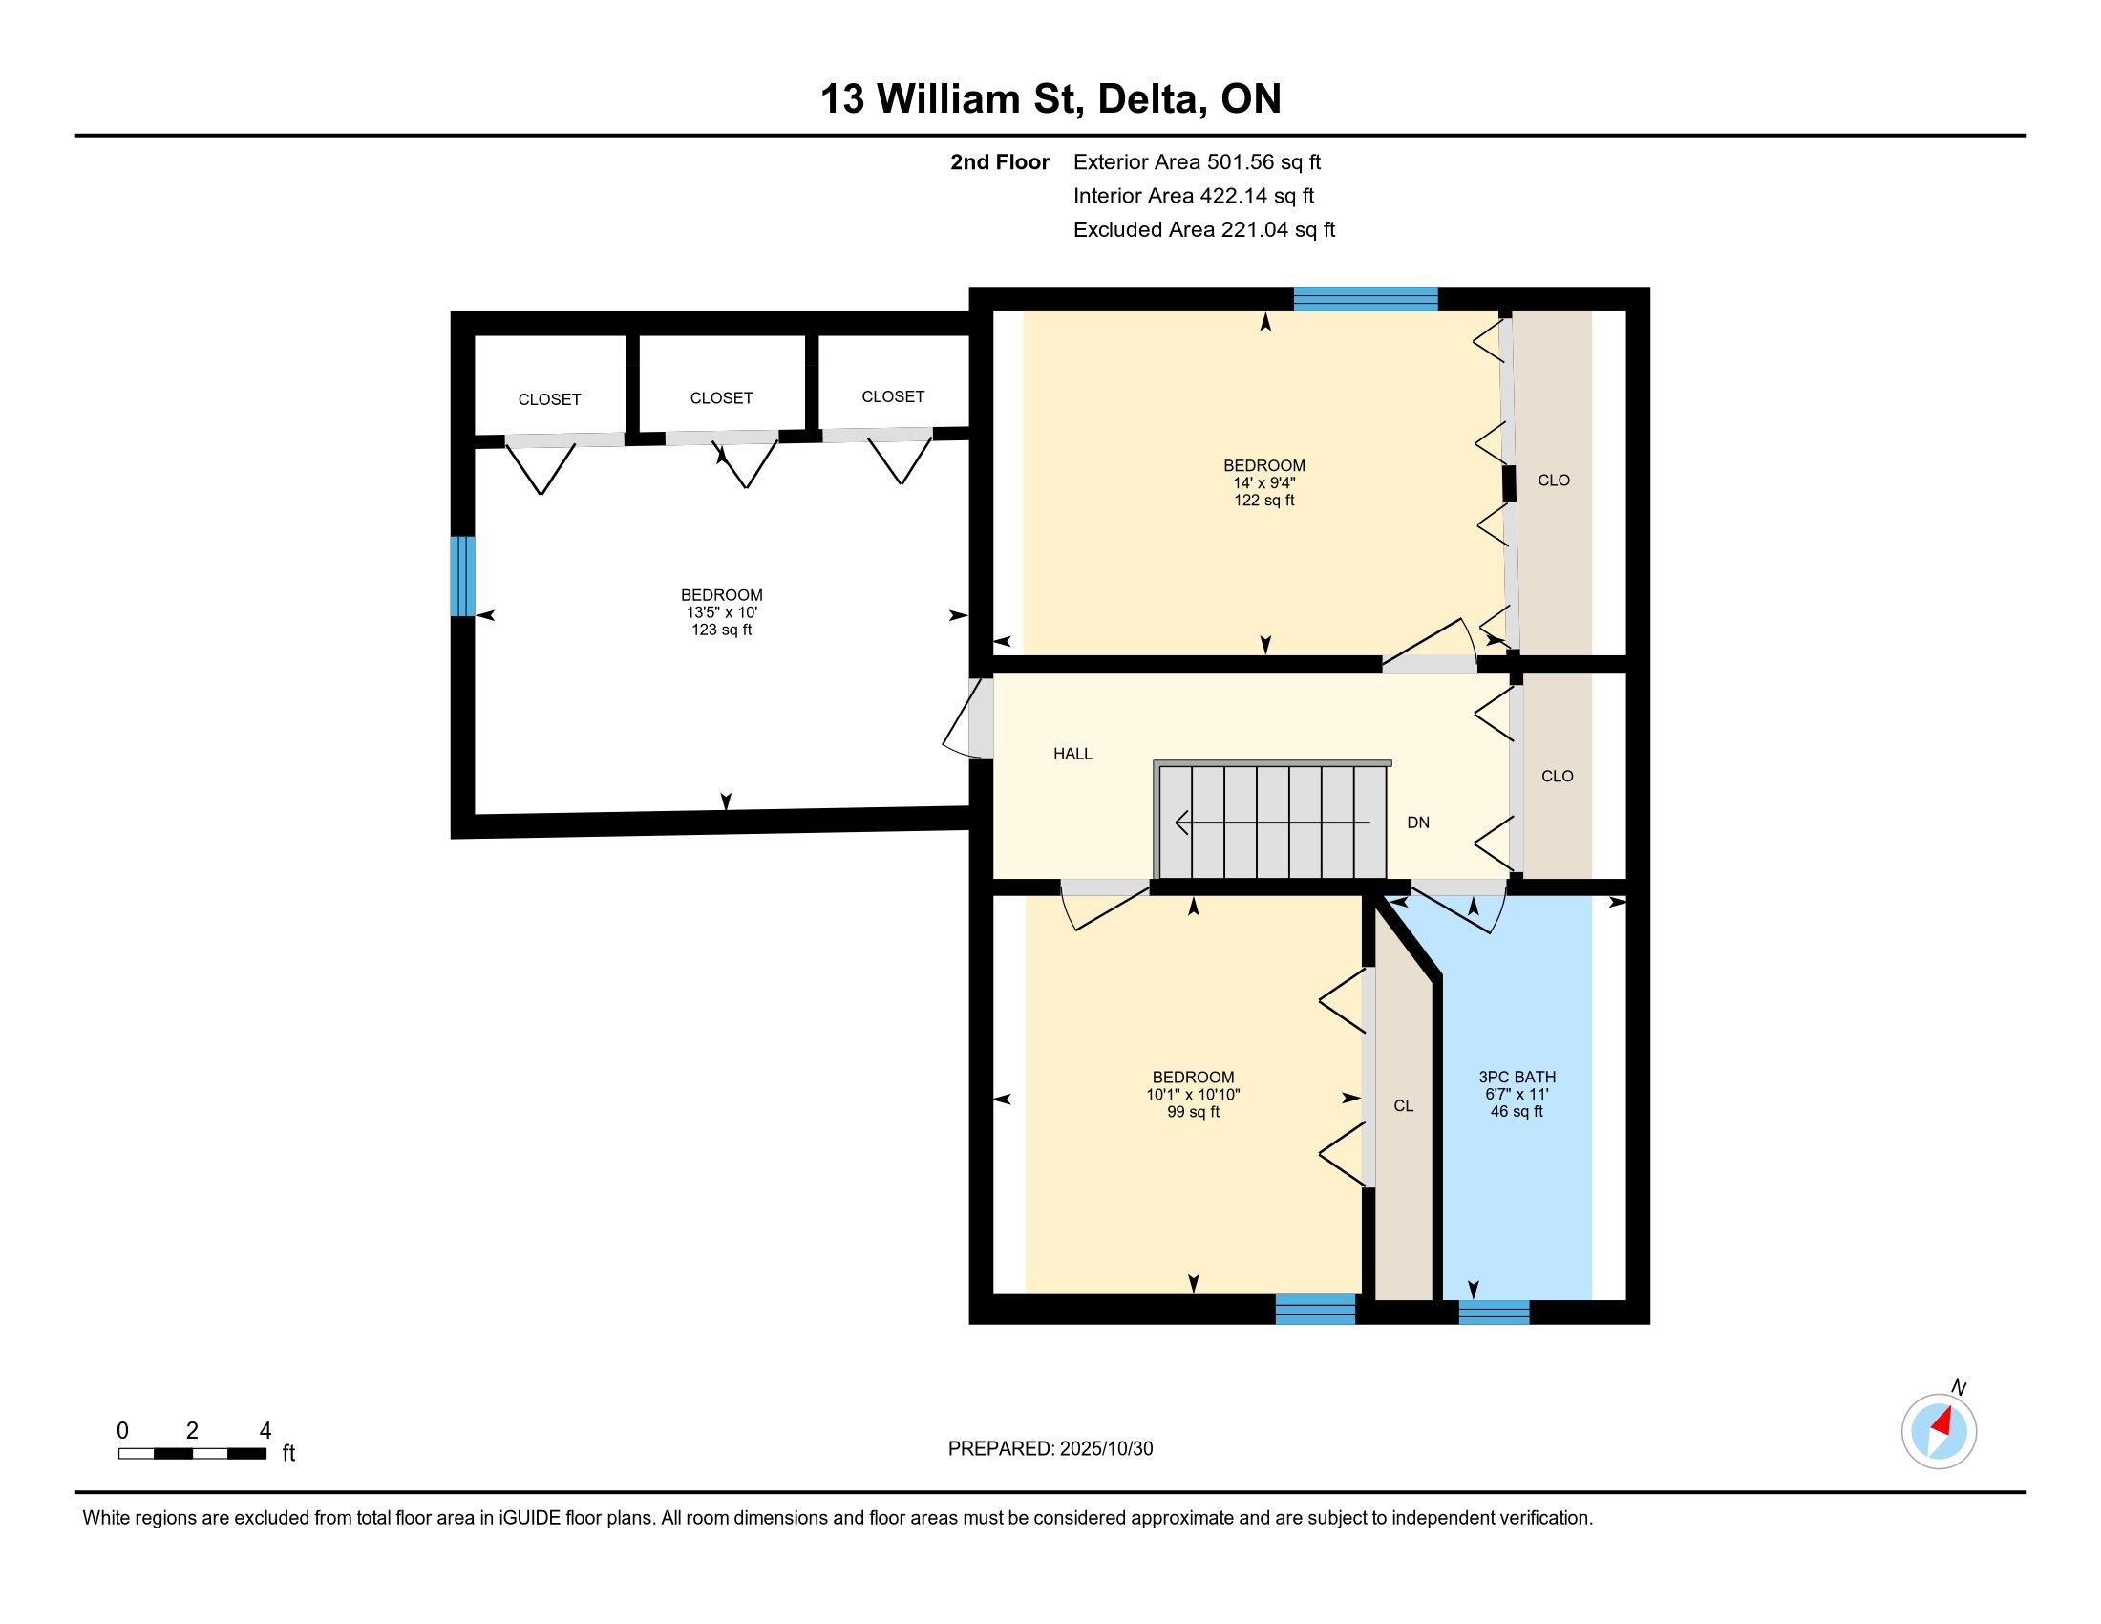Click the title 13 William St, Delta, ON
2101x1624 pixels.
(1050, 99)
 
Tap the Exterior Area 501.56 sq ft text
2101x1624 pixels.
(1197, 161)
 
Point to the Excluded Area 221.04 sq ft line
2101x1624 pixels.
(1204, 230)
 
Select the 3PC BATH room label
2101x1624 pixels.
(1517, 1078)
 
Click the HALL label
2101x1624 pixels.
(1072, 755)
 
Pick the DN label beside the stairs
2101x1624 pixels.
(1418, 823)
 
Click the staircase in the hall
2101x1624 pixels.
(1272, 820)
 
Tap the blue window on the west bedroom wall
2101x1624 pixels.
(463, 576)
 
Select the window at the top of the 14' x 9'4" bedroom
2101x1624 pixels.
(1365, 299)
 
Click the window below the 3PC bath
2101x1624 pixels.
(1494, 1312)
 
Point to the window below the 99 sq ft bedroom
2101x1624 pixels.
(1315, 1310)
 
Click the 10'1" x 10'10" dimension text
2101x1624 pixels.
(1193, 1095)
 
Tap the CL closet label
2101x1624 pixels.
(1404, 1106)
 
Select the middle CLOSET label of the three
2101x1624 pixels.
(721, 398)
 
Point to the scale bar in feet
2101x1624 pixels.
(192, 1454)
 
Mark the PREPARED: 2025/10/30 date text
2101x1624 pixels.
(1050, 1449)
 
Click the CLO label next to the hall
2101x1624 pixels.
(1558, 777)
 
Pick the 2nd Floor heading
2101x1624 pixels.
(1000, 161)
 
